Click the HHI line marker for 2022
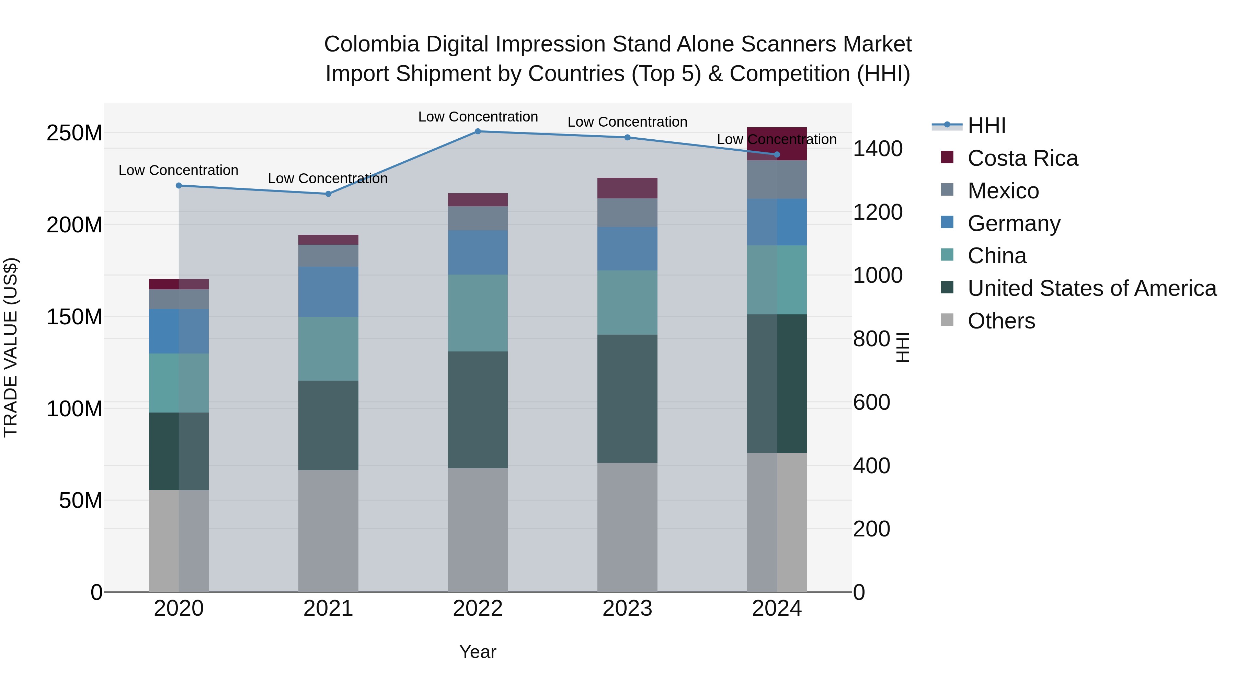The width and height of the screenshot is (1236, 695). (478, 131)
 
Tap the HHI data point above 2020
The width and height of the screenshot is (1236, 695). (179, 186)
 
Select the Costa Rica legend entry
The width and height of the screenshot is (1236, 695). (1022, 158)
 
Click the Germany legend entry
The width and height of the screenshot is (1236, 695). (1014, 223)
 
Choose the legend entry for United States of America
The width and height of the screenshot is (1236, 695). (1091, 288)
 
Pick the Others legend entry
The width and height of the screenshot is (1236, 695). (1001, 321)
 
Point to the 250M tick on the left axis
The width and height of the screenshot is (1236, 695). (75, 133)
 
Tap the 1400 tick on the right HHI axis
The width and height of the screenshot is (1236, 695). (877, 149)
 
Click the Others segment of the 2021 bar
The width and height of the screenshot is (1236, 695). (328, 531)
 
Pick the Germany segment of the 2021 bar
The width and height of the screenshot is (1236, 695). (328, 292)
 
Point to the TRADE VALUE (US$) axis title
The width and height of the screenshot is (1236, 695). (11, 347)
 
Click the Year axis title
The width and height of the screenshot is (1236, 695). (478, 652)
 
